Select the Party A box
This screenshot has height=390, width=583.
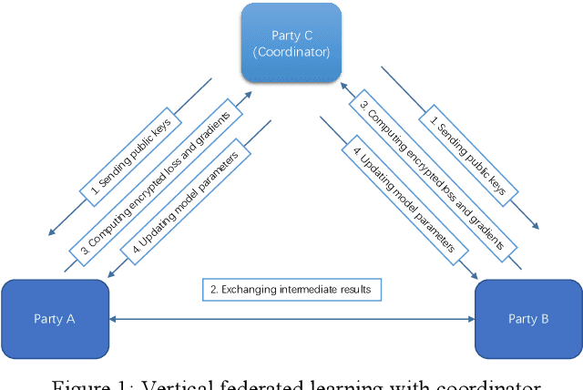tap(55, 318)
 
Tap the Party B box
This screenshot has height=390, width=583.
tap(528, 318)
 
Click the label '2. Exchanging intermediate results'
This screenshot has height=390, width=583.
tap(292, 291)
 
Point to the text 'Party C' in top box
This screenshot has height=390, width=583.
tap(291, 35)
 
